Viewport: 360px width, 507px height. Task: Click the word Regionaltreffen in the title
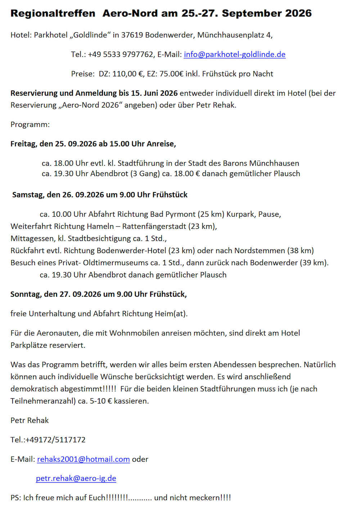[x=53, y=13]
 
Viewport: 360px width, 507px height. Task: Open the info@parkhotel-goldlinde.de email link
[x=234, y=54]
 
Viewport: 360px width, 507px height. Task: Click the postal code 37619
[x=132, y=35]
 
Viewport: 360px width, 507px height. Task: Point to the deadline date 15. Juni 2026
[x=154, y=93]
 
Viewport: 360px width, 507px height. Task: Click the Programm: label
[x=30, y=125]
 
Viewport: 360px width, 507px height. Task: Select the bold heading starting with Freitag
[x=93, y=144]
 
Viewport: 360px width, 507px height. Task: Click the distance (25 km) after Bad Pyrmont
[x=211, y=214]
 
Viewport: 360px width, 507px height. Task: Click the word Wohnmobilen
[x=134, y=333]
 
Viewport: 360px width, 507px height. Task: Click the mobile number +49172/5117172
[x=55, y=440]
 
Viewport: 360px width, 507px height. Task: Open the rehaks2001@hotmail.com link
[x=83, y=459]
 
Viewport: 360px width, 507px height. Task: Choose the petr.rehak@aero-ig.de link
[x=76, y=479]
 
